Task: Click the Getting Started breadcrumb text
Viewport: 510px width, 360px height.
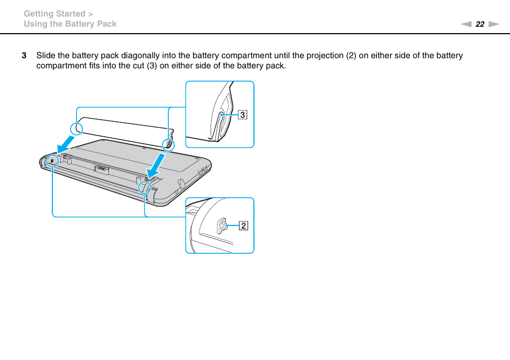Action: (55, 14)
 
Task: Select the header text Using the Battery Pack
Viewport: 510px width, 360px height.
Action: (70, 24)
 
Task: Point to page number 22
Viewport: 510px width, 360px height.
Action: (480, 24)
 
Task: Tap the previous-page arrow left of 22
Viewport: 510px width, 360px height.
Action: (466, 24)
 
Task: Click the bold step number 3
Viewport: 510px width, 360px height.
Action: (24, 56)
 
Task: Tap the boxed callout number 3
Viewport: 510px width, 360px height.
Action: (242, 114)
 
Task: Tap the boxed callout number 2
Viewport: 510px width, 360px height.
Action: (243, 226)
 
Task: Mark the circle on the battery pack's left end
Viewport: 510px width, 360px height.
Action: (76, 128)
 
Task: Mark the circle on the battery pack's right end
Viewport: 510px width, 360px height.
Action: (168, 144)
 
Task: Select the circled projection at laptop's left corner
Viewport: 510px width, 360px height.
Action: (52, 160)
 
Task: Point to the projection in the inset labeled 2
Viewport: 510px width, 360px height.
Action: (221, 226)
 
